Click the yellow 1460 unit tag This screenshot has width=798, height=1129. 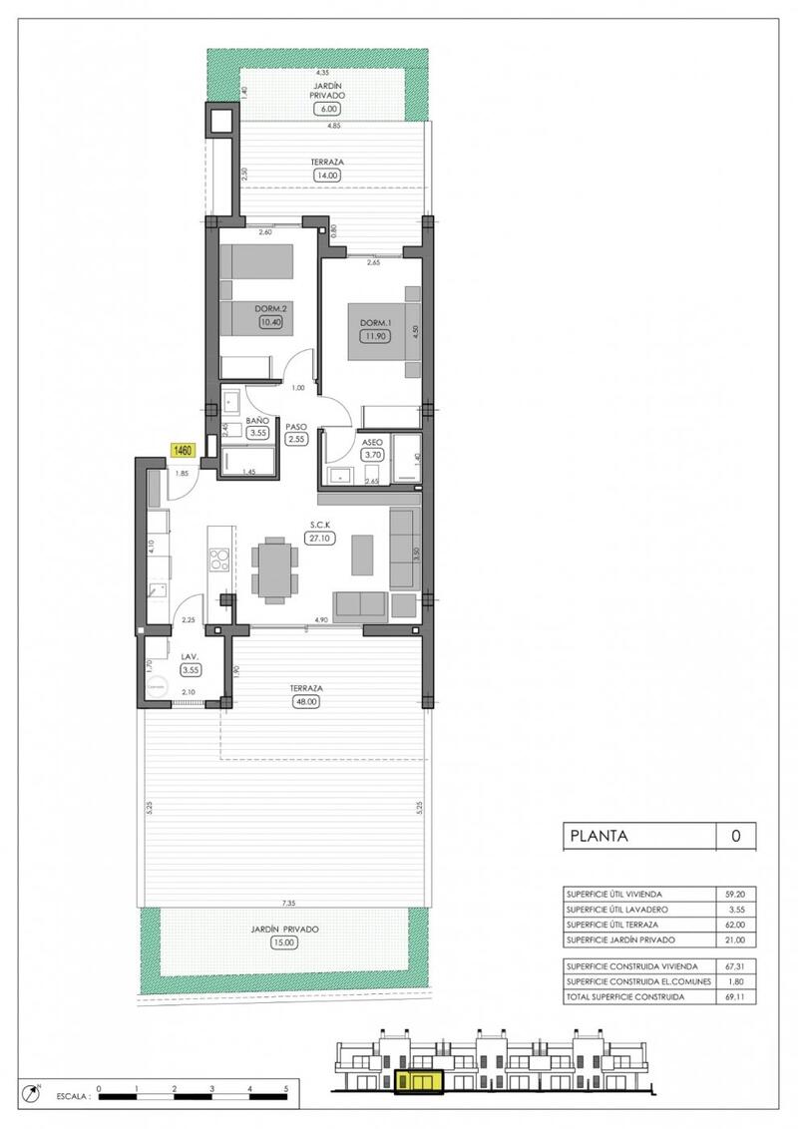click(183, 451)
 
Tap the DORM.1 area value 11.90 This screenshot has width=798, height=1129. click(374, 336)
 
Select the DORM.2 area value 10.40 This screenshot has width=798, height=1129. click(269, 322)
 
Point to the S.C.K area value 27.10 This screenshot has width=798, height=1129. click(321, 538)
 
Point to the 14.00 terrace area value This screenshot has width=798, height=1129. click(327, 175)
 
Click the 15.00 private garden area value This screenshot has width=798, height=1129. click(285, 942)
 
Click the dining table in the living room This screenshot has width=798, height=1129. click(273, 569)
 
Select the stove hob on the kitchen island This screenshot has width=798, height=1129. click(218, 559)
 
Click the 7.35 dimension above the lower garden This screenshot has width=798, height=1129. click(288, 903)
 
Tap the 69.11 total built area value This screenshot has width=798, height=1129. click(735, 996)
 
